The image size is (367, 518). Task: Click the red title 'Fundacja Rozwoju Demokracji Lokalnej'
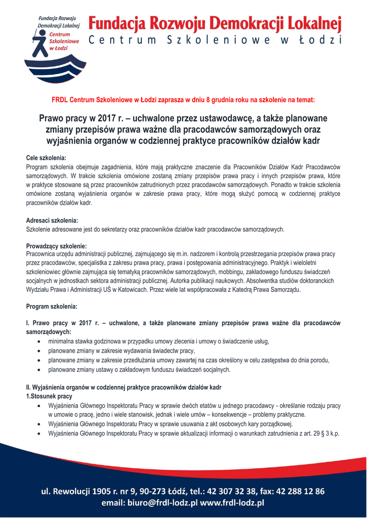tap(215, 23)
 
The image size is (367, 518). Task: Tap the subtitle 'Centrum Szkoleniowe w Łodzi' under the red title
tap(215, 40)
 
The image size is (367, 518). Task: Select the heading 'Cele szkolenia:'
tap(46, 158)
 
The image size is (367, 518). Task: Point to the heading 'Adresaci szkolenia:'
tap(52, 221)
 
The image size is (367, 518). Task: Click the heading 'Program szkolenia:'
tap(52, 307)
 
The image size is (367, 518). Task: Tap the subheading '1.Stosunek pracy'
tap(49, 396)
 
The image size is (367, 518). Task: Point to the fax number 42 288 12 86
tap(296, 491)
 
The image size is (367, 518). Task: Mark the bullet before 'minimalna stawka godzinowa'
tap(39, 341)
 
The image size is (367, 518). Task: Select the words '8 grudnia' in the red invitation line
tap(223, 100)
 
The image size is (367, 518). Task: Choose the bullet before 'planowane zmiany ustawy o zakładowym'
tap(39, 370)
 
